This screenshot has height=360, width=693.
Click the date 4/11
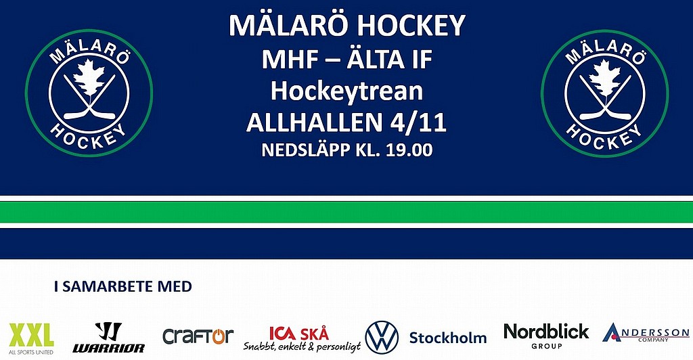point(418,122)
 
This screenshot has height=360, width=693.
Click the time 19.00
point(409,150)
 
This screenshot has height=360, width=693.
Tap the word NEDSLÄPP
point(306,150)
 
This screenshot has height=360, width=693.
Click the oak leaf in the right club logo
point(605,78)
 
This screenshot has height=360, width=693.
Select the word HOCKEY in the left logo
point(89,137)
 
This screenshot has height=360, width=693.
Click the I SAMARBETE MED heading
point(123,286)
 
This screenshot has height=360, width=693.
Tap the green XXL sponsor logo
point(31,338)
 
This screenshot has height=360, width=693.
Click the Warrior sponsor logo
point(109,338)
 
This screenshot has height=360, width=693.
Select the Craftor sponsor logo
point(198,336)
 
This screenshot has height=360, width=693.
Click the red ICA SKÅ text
point(299,334)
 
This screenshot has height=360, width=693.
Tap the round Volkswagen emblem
point(382,338)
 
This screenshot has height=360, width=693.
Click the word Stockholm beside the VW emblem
point(448,338)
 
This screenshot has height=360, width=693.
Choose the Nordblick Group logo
point(546,336)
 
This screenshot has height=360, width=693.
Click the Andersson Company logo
point(646,333)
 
